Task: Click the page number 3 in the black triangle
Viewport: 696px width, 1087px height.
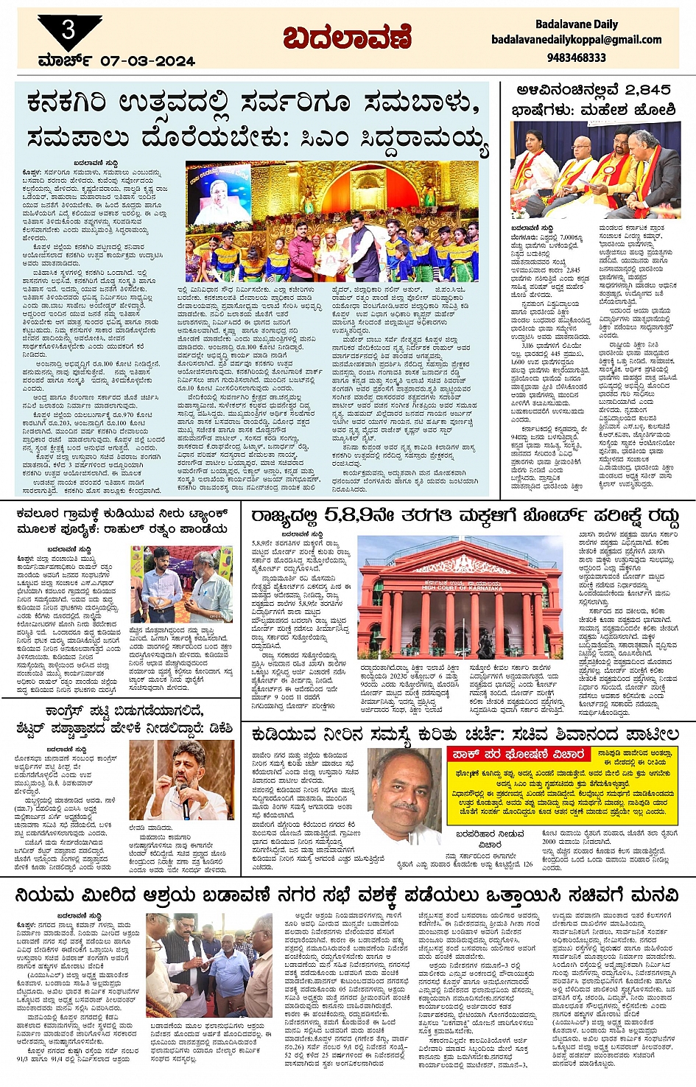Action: (68, 30)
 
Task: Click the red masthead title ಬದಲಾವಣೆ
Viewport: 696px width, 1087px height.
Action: (347, 38)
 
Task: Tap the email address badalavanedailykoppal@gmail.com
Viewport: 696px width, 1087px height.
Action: (576, 40)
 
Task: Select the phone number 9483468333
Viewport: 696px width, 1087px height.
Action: (577, 57)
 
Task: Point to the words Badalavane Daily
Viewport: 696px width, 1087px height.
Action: (576, 24)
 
